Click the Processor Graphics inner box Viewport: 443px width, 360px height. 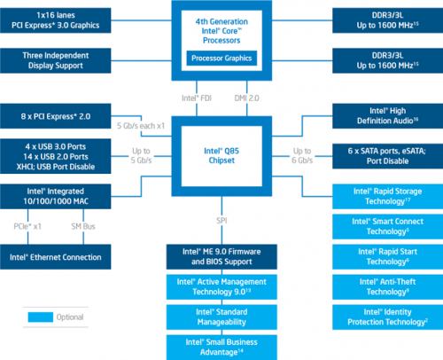pyautogui.click(x=221, y=59)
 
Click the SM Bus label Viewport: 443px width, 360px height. pyautogui.click(x=84, y=227)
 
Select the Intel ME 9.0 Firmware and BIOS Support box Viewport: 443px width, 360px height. pyautogui.click(x=221, y=257)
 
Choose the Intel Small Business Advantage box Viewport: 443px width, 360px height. pyautogui.click(x=221, y=344)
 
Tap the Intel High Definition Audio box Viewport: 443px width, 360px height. pyautogui.click(x=385, y=115)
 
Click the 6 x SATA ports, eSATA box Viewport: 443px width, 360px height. pyautogui.click(x=385, y=155)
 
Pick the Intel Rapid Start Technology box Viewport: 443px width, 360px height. pyautogui.click(x=385, y=257)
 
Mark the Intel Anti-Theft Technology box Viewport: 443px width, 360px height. pyautogui.click(x=385, y=286)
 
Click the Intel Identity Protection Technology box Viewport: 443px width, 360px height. pyautogui.click(x=385, y=316)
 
